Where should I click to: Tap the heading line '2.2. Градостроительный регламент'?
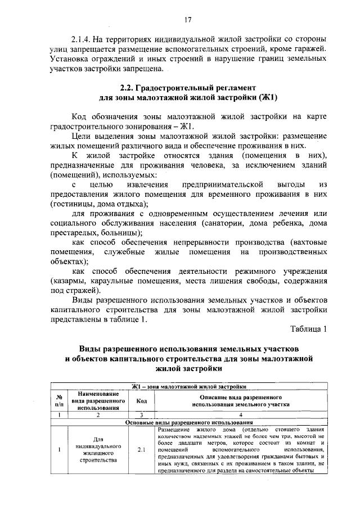pos(188,88)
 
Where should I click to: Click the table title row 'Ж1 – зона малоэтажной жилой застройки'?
pos(188,386)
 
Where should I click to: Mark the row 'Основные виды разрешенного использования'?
pos(188,422)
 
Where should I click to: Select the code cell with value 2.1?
pos(142,449)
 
